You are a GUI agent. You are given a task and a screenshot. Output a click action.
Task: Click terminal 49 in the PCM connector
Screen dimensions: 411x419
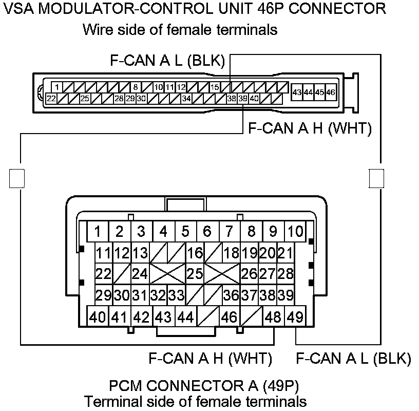tap(295, 317)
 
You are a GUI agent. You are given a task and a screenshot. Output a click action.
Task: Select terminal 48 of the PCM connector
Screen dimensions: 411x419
tap(273, 317)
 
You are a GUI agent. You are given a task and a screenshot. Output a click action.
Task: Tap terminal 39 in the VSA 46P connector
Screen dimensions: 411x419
tap(243, 98)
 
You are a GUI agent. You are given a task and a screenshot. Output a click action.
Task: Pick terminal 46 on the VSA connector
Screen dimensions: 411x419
tap(331, 92)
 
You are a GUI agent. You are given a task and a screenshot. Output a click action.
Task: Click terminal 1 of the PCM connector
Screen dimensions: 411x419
tap(98, 231)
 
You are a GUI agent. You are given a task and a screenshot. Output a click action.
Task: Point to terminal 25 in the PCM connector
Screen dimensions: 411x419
tap(194, 273)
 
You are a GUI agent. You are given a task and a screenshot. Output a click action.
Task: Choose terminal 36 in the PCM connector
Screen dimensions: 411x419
tap(231, 295)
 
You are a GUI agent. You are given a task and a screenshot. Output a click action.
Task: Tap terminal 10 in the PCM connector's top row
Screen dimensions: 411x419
tap(295, 231)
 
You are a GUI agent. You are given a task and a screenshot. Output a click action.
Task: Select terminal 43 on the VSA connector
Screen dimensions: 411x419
tap(297, 92)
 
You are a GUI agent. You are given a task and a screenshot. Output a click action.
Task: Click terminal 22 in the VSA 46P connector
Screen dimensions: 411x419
tap(51, 98)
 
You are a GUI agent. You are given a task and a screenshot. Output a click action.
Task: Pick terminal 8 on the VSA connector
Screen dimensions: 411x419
tap(135, 87)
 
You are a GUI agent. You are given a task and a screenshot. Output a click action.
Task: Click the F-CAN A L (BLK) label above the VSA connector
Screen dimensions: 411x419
tap(168, 61)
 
